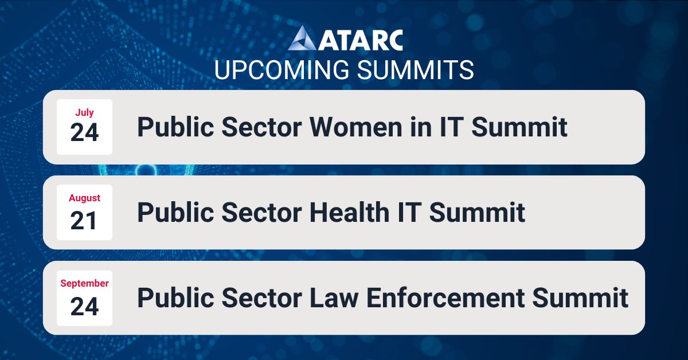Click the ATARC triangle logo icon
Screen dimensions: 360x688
point(302,40)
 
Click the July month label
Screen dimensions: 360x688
point(84,113)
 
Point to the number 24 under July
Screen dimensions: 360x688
point(84,133)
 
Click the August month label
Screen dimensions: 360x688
point(84,198)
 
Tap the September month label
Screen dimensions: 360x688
point(84,283)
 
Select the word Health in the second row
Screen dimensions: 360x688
point(348,213)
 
